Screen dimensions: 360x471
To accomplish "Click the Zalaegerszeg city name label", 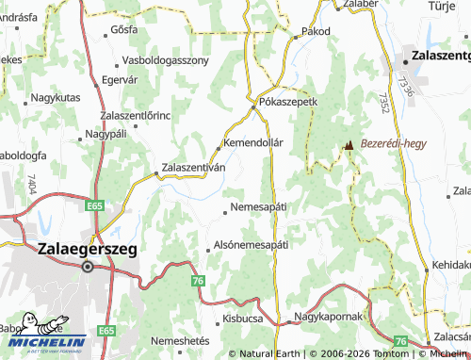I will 87,249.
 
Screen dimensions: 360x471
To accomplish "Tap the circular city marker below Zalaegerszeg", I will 88,267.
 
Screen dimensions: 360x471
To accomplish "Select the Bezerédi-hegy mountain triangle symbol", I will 349,146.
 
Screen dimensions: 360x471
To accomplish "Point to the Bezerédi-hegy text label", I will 394,145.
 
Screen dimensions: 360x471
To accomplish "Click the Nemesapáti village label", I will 258,205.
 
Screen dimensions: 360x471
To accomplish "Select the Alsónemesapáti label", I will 251,243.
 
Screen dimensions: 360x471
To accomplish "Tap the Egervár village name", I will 119,80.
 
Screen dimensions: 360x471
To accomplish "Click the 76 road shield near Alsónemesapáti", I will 197,281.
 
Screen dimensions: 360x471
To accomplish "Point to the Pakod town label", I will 317,31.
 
